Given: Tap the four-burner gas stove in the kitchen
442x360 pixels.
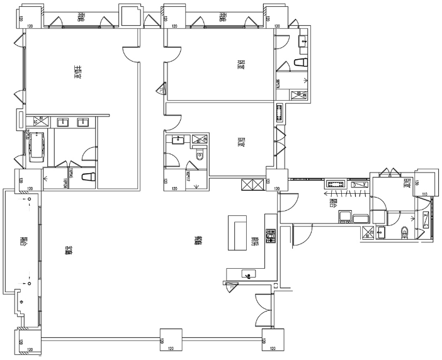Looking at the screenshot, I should pyautogui.click(x=271, y=236).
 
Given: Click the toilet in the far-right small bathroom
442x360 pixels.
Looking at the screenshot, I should pyautogui.click(x=405, y=232).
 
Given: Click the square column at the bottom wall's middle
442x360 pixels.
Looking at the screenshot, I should pyautogui.click(x=170, y=340).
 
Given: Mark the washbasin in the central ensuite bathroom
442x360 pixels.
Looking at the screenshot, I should pyautogui.click(x=179, y=140).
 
